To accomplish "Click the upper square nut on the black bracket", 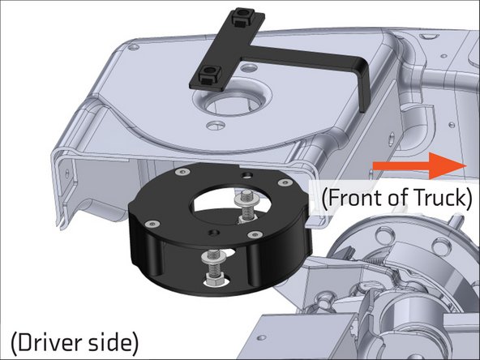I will coord(241,16).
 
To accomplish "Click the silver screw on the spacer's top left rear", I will coord(184,172).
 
